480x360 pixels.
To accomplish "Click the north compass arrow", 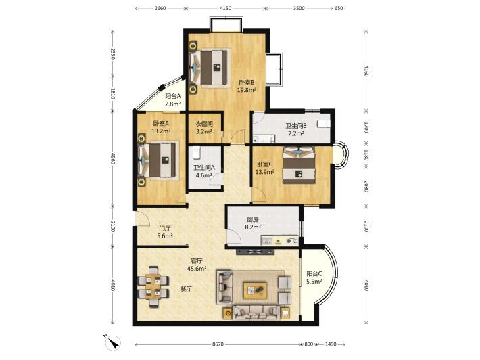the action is (x=114, y=341).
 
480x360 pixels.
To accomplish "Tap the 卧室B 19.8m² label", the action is (x=247, y=86).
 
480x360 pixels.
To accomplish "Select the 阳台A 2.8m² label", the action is (x=173, y=100).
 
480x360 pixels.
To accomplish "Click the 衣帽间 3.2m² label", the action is (x=204, y=128).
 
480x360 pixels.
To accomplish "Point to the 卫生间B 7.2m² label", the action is (x=295, y=129).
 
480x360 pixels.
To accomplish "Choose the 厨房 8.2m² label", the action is (x=253, y=223).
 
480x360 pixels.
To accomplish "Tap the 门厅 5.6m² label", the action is (x=165, y=232).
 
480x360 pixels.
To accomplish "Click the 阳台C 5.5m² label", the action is (x=314, y=277).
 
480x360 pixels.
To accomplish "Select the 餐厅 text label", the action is (x=186, y=289).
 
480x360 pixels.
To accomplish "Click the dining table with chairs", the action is (x=153, y=287).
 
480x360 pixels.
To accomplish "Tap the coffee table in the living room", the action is (x=255, y=290).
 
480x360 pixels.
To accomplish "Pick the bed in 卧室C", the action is (x=299, y=165).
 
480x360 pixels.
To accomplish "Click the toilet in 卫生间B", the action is (x=324, y=124).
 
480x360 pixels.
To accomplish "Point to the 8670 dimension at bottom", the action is (x=218, y=344).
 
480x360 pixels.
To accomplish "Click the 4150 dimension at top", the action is (x=225, y=9).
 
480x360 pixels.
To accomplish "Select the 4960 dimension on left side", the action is (x=113, y=158).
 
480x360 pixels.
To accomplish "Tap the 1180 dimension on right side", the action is (x=366, y=155).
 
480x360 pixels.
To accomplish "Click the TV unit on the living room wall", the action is (x=256, y=252).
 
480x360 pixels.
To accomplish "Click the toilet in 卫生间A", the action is (x=196, y=153).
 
